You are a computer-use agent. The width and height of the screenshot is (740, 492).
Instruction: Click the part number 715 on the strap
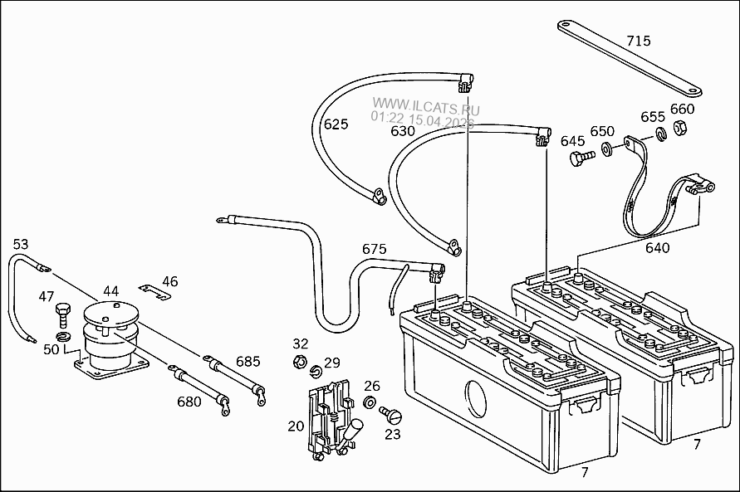(x=639, y=41)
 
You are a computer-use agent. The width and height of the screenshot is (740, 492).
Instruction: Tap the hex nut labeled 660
(x=679, y=127)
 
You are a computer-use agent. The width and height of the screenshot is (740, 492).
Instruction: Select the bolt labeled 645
(x=581, y=158)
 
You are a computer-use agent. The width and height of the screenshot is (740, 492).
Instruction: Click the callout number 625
(x=336, y=124)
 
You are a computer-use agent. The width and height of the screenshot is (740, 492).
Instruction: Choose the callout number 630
(x=403, y=130)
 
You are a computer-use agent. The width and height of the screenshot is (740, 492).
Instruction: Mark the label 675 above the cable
(x=375, y=249)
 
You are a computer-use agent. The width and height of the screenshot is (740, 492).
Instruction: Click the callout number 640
(x=658, y=248)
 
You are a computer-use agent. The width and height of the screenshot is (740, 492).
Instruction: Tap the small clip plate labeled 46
(x=154, y=290)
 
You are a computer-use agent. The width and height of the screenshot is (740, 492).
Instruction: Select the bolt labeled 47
(x=63, y=314)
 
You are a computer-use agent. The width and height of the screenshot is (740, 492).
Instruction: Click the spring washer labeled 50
(x=62, y=337)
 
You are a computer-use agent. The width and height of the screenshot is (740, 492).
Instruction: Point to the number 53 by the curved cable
(x=20, y=244)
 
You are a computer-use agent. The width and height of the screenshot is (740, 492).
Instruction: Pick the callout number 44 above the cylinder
(x=111, y=290)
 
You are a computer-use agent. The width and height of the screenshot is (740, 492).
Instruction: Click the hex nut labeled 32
(x=299, y=362)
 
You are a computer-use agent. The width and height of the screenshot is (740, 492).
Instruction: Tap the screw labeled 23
(x=391, y=415)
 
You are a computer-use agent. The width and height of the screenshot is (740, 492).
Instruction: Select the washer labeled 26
(x=370, y=403)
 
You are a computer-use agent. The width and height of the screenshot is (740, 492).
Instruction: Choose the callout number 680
(x=189, y=402)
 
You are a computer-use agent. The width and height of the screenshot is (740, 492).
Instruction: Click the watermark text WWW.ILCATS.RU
(x=426, y=106)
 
